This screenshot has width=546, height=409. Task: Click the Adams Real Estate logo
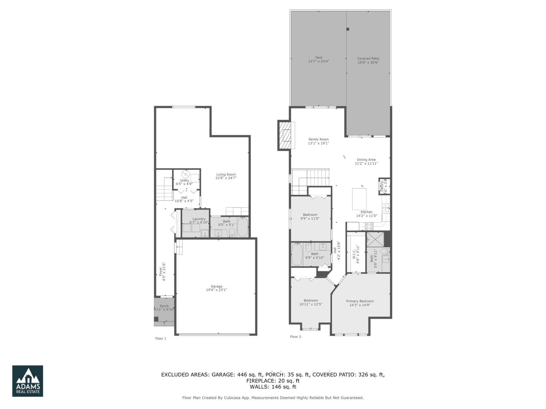tap(28, 381)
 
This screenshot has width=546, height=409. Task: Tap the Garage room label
tap(216, 288)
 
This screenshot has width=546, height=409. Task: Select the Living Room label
tap(226, 176)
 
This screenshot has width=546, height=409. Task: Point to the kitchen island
tap(359, 199)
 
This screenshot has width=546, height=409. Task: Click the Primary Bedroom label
tap(360, 303)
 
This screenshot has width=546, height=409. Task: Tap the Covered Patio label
tap(368, 60)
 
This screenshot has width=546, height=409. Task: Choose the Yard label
tap(318, 60)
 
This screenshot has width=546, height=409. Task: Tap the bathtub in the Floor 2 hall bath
tap(297, 254)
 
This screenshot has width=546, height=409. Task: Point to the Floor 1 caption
tap(160, 338)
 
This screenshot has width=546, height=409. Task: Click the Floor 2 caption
tap(296, 337)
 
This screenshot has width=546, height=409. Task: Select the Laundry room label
tap(199, 221)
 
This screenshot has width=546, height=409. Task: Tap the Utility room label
tap(184, 182)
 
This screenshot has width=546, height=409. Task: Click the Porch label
tap(164, 308)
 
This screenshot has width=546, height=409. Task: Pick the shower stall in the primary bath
tap(375, 239)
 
